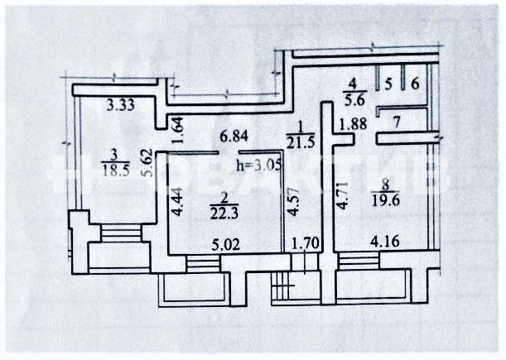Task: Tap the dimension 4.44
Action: tap(176, 204)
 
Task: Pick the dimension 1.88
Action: tap(351, 126)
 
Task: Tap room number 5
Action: tap(388, 83)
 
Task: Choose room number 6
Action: tap(415, 83)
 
